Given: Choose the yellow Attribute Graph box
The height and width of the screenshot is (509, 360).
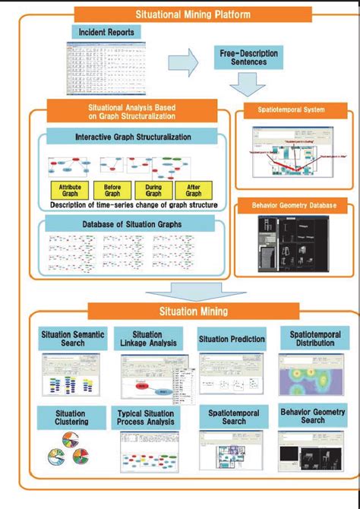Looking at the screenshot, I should (70, 189).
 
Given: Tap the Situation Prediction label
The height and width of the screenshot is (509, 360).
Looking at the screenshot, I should (232, 339).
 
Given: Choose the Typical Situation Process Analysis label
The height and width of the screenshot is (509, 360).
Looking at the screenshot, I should (148, 417).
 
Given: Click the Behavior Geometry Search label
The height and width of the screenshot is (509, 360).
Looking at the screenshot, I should (313, 415).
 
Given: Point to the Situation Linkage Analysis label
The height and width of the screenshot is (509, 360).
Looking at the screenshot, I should (148, 339).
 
